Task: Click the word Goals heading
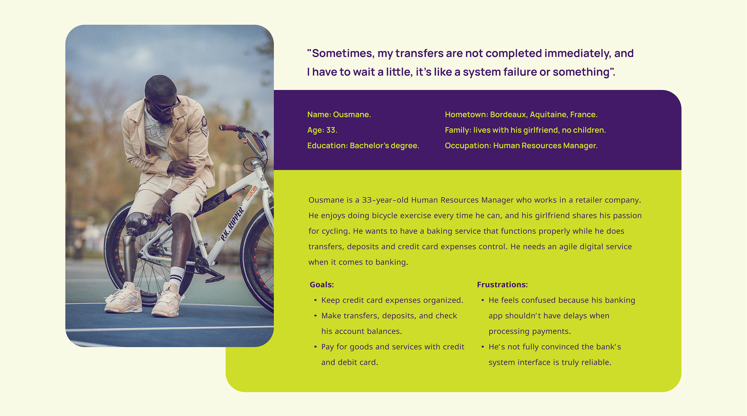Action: pos(322,285)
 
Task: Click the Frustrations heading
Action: pos(502,285)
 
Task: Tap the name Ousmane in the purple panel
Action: pos(352,114)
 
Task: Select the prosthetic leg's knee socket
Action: pos(139,223)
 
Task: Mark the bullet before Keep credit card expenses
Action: pos(315,300)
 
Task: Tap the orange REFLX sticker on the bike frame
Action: pos(251,193)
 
